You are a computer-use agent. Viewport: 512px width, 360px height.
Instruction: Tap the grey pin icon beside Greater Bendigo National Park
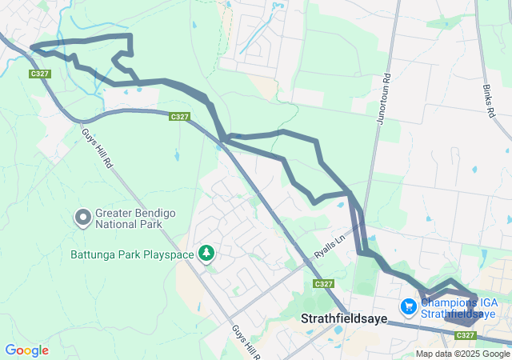pyautogui.click(x=82, y=217)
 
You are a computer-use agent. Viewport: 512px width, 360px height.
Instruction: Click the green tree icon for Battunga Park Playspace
pyautogui.click(x=207, y=253)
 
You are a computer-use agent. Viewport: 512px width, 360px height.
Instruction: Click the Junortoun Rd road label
pyautogui.click(x=386, y=97)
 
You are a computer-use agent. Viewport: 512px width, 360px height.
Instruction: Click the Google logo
pyautogui.click(x=26, y=350)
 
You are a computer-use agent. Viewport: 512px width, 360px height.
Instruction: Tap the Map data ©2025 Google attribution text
pyautogui.click(x=462, y=354)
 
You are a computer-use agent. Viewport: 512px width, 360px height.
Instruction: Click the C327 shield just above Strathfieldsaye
pyautogui.click(x=324, y=284)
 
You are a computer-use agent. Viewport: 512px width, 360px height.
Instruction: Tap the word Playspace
pyautogui.click(x=168, y=254)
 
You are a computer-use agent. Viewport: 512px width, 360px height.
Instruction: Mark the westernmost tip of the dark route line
pyautogui.click(x=30, y=47)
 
